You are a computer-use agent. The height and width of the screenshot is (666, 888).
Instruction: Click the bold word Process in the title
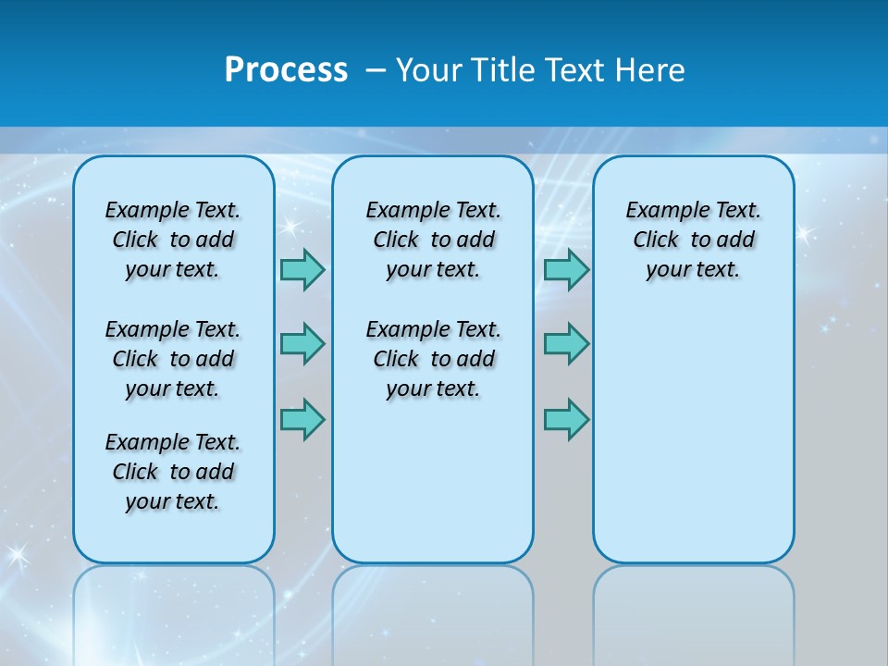(286, 70)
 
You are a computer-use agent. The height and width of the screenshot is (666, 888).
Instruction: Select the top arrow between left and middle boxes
(302, 269)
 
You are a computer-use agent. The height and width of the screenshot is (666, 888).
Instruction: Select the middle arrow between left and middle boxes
(302, 344)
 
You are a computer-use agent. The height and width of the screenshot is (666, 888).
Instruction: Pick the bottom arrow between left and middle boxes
(302, 420)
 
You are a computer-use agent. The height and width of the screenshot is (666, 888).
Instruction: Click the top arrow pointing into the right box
(566, 269)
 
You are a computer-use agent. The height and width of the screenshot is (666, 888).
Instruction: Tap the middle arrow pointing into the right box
(566, 344)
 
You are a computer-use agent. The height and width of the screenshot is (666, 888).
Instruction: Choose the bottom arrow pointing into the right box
(566, 420)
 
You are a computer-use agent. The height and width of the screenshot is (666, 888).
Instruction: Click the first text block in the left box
(173, 240)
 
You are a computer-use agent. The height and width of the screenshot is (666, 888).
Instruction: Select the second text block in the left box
(173, 359)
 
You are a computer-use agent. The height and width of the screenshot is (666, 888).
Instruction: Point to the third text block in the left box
(173, 472)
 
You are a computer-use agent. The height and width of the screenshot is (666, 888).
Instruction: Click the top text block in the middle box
(433, 240)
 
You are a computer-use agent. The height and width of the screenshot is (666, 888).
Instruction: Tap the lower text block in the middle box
(433, 359)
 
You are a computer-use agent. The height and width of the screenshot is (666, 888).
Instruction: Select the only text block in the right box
(693, 240)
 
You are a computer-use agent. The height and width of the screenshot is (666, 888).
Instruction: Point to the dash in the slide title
(376, 70)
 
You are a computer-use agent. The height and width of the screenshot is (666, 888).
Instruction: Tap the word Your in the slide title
(431, 70)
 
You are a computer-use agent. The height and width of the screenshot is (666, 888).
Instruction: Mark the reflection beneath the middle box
(433, 610)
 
